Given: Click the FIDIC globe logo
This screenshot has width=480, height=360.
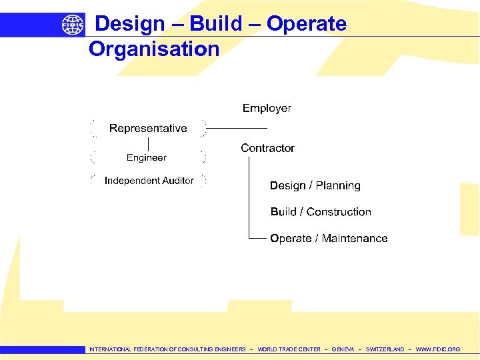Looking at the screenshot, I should tap(73, 25).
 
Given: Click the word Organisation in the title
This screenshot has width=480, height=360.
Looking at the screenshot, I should tap(154, 49).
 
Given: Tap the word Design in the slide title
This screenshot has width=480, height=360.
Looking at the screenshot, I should tap(130, 24).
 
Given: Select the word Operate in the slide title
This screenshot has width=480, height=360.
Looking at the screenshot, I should tap(307, 24).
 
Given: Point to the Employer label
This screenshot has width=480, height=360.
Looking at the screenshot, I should tap(267, 108).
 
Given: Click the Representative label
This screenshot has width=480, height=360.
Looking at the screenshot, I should tap(148, 128).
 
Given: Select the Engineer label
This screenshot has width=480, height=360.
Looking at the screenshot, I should tap(147, 157).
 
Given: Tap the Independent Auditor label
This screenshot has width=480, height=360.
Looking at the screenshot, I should tap(149, 181).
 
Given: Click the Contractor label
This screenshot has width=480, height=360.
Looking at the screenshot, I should tap(267, 148).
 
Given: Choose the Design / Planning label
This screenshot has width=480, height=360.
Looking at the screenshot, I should tap(315, 185).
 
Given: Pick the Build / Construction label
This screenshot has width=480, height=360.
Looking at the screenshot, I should tap(321, 212).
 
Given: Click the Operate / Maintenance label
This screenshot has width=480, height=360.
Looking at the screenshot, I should tap(329, 238).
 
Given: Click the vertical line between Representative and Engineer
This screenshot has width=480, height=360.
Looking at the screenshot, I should tap(148, 143).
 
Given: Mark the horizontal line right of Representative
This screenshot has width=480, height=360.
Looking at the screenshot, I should tap(236, 128).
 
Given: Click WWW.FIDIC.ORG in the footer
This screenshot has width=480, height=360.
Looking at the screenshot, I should tap(437, 349).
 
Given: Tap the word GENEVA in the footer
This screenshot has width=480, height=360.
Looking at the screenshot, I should tap(343, 349).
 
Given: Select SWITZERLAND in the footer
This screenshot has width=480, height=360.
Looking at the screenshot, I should tap(385, 349).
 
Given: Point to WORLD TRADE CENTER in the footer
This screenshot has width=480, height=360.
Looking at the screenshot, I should tap(289, 349).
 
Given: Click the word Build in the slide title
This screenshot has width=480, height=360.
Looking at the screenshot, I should tap(216, 24).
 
